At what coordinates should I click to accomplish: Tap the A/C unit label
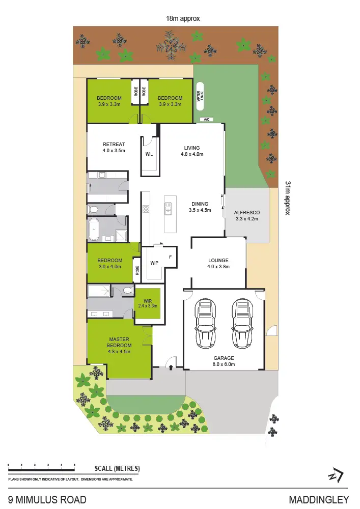point(207,120)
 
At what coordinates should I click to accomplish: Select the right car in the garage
point(242,323)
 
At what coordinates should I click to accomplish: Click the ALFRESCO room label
point(247,216)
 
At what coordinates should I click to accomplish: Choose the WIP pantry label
point(155,263)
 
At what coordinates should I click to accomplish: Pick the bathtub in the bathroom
point(94,230)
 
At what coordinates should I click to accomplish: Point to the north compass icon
point(336,475)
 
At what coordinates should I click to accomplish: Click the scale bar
point(41,465)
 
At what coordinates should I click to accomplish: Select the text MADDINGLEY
point(319,499)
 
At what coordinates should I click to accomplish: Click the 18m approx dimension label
point(183,18)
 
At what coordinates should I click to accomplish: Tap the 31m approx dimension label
point(288,198)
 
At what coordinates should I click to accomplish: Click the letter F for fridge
point(170,257)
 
